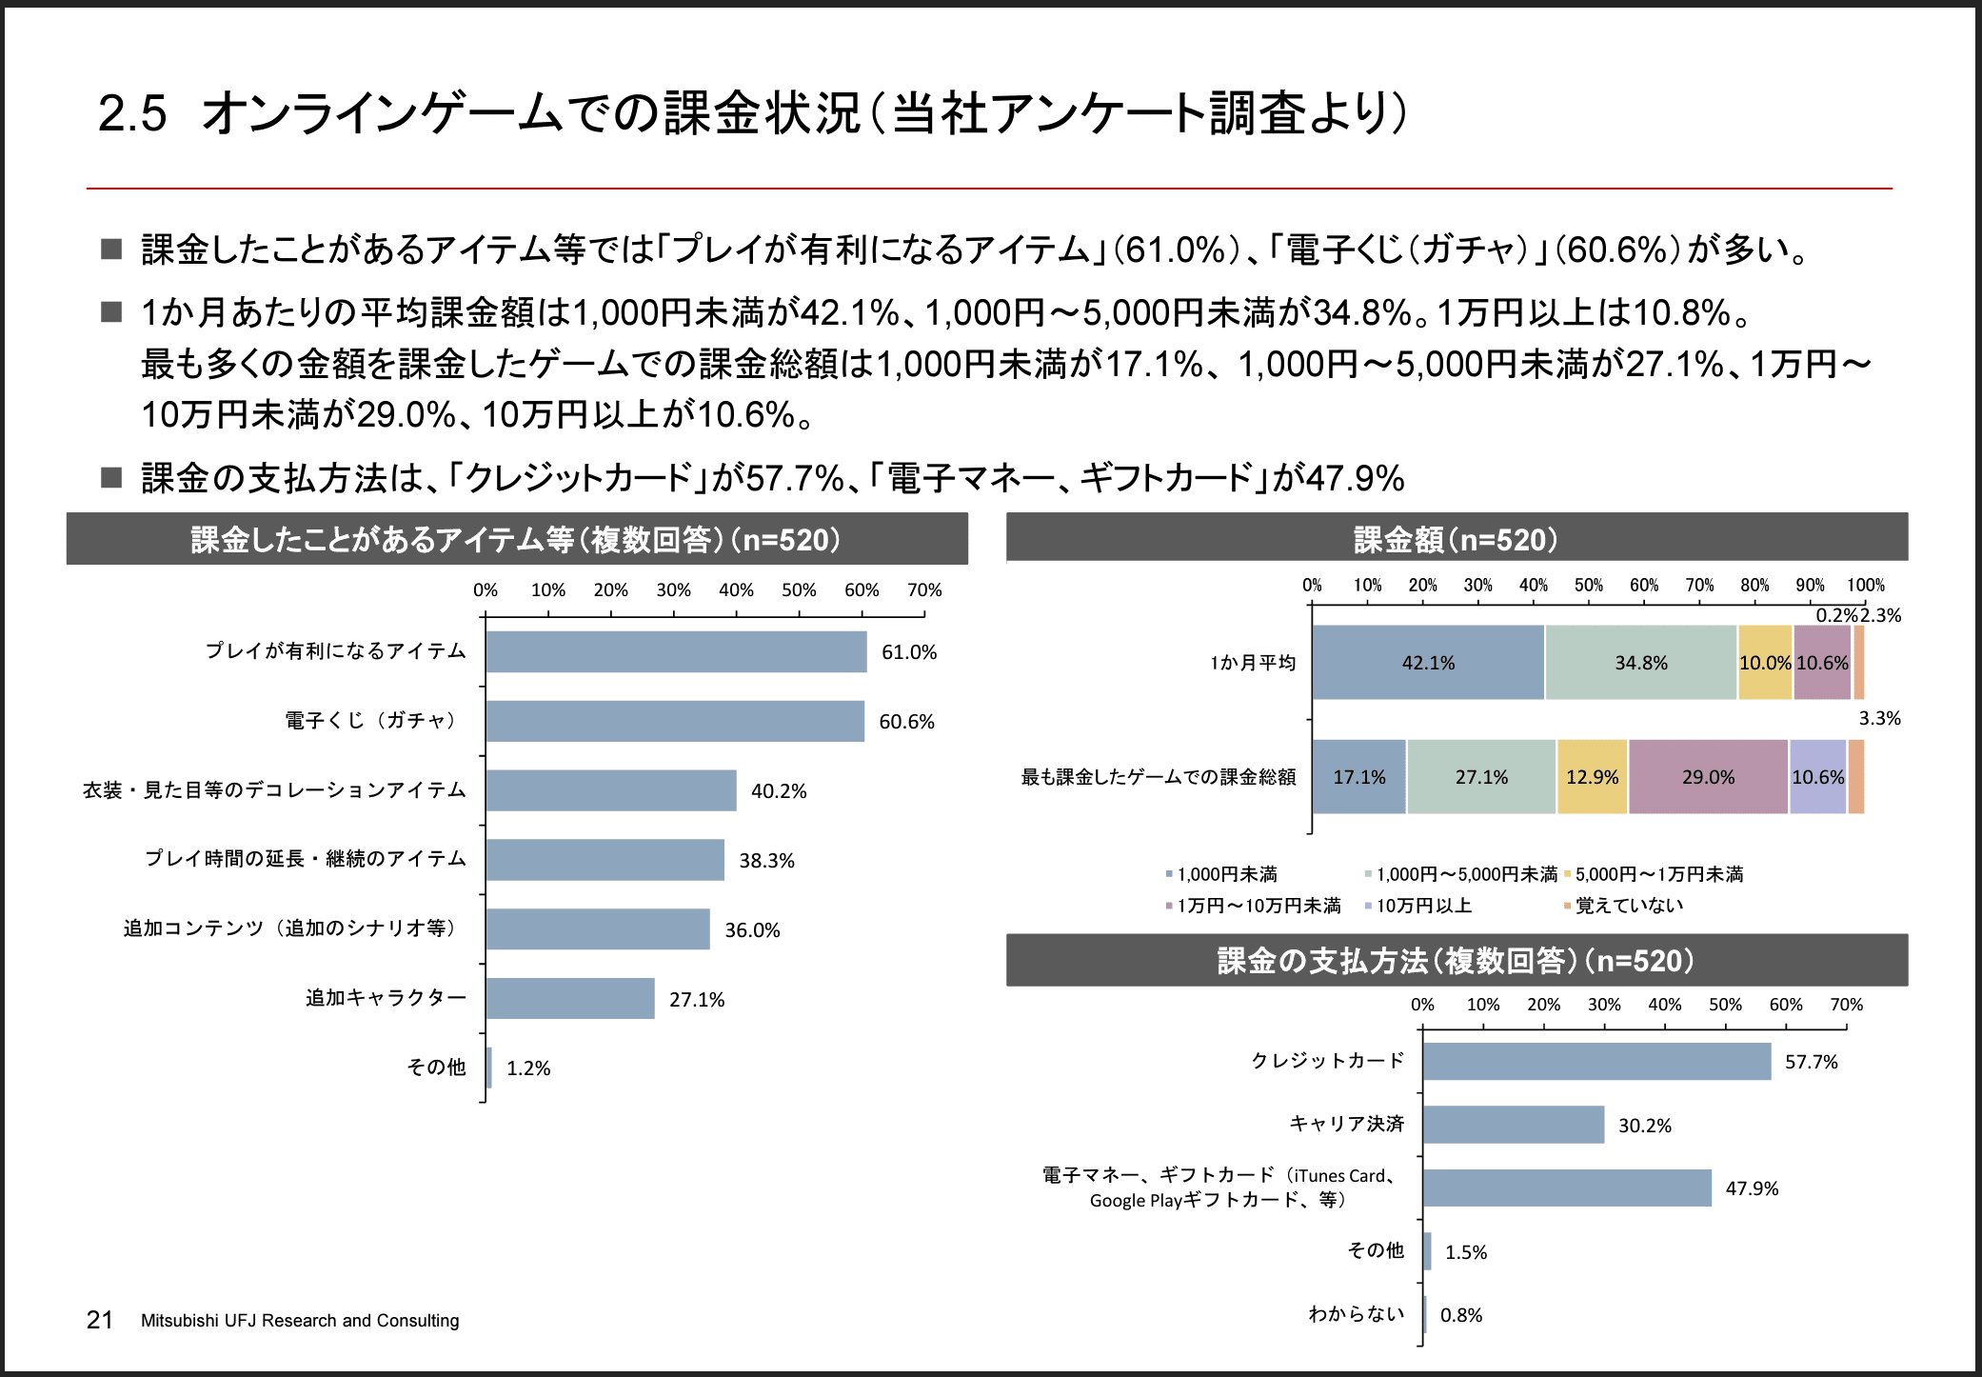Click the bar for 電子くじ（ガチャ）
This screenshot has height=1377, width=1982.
pyautogui.click(x=675, y=721)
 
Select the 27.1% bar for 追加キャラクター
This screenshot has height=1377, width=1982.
pyautogui.click(x=570, y=998)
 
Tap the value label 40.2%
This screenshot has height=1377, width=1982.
pyautogui.click(x=778, y=791)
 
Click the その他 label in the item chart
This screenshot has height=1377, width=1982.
pyautogui.click(x=436, y=1068)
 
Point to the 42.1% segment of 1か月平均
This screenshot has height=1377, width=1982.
pyautogui.click(x=1428, y=663)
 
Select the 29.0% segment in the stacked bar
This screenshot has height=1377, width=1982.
pyautogui.click(x=1708, y=777)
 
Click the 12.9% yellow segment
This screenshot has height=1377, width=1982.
pyautogui.click(x=1592, y=777)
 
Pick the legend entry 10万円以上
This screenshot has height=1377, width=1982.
pyautogui.click(x=1423, y=906)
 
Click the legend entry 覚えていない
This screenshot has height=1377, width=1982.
pyautogui.click(x=1629, y=906)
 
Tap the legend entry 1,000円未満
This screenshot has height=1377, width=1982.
pyautogui.click(x=1226, y=874)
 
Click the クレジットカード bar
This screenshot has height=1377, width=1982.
pyautogui.click(x=1596, y=1061)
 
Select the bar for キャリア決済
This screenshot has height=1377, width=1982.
pyautogui.click(x=1514, y=1125)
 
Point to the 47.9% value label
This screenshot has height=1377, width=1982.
pyautogui.click(x=1752, y=1188)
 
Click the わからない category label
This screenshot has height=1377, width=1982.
pyautogui.click(x=1356, y=1314)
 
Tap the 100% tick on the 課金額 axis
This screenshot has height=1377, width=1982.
pyautogui.click(x=1865, y=585)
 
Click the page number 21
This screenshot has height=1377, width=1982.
pyautogui.click(x=100, y=1320)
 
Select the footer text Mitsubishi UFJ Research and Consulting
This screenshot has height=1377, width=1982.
pyautogui.click(x=300, y=1321)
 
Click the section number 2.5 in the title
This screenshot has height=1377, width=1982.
pyautogui.click(x=132, y=113)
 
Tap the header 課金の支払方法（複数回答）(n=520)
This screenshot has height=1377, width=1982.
pyautogui.click(x=1456, y=960)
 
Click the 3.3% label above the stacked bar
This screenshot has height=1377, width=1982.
pyautogui.click(x=1879, y=718)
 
